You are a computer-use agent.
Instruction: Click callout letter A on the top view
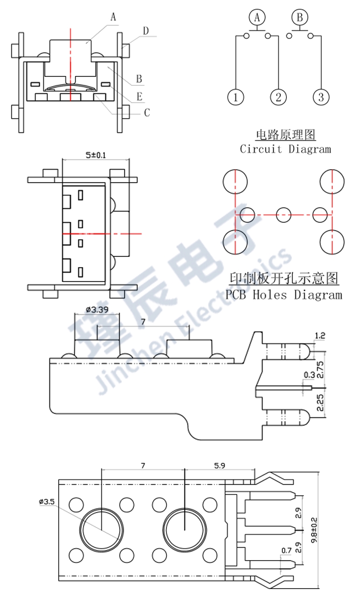(113, 17)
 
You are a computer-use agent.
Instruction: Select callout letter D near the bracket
(146, 31)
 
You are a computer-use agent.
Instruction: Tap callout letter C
(146, 112)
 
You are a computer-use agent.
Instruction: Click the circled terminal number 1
(236, 97)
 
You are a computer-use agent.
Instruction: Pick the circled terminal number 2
(278, 97)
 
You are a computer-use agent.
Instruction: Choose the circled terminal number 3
(321, 97)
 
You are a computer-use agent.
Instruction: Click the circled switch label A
(256, 18)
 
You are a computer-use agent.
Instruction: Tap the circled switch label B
(300, 18)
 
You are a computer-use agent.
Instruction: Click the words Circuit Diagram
(285, 149)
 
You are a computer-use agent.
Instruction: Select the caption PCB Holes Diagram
(284, 295)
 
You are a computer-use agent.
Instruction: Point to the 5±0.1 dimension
(96, 155)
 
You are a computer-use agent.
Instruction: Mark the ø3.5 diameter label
(47, 501)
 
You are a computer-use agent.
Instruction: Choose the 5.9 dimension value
(220, 465)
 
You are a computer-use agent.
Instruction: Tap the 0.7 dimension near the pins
(287, 551)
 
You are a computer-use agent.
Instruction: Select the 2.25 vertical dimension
(319, 402)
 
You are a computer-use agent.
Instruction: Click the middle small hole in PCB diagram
(284, 215)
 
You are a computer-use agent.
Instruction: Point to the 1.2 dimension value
(320, 336)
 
